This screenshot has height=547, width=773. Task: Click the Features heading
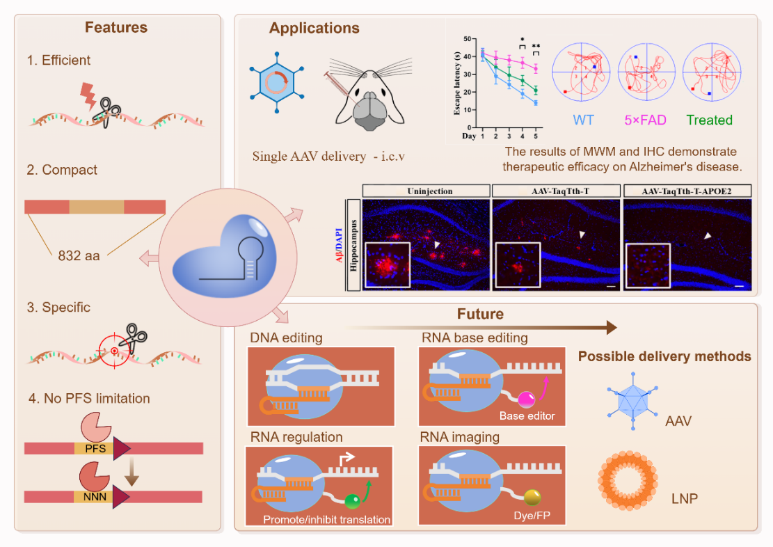[x=116, y=28]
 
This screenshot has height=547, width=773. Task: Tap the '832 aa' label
[x=78, y=255]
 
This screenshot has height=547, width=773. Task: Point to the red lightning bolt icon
[x=89, y=96]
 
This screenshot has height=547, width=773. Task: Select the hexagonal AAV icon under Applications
[x=277, y=83]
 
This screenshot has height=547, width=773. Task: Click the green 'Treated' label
[x=709, y=120]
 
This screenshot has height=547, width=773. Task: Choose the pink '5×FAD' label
[x=646, y=120]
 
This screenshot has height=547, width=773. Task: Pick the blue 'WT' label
[x=583, y=120]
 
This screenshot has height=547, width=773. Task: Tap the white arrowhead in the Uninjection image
[x=436, y=245]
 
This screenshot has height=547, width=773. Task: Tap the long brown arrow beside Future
[x=479, y=327]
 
